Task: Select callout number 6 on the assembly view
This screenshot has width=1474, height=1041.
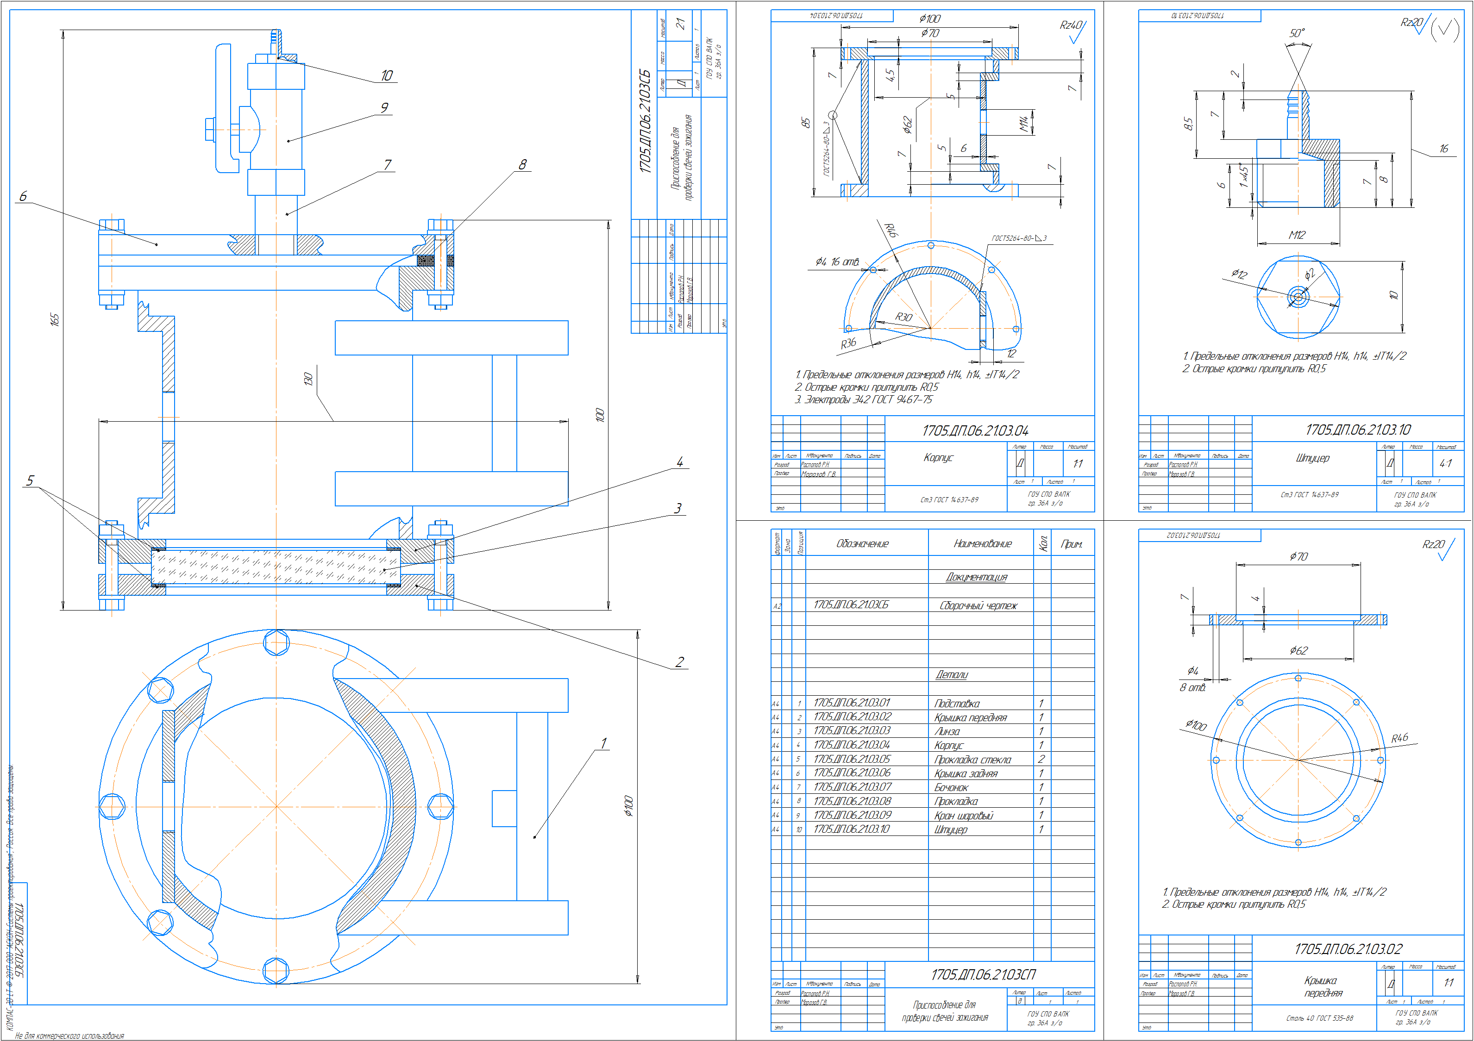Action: pyautogui.click(x=23, y=196)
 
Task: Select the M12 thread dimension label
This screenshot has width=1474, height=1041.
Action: pyautogui.click(x=1297, y=235)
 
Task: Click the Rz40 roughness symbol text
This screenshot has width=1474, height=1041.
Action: pyautogui.click(x=1070, y=25)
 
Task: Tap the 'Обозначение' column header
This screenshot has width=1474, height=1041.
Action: pyautogui.click(x=862, y=543)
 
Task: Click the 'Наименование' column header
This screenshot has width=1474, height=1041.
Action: pyautogui.click(x=982, y=543)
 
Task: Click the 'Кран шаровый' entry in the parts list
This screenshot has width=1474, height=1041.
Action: pyautogui.click(x=964, y=816)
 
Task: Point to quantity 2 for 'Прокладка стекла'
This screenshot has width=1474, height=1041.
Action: pyautogui.click(x=1041, y=759)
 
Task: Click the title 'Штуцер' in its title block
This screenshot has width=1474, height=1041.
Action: pyautogui.click(x=1312, y=458)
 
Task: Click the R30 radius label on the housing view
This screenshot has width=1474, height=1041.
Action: pyautogui.click(x=903, y=317)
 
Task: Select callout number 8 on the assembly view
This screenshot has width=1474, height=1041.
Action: pyautogui.click(x=522, y=164)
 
